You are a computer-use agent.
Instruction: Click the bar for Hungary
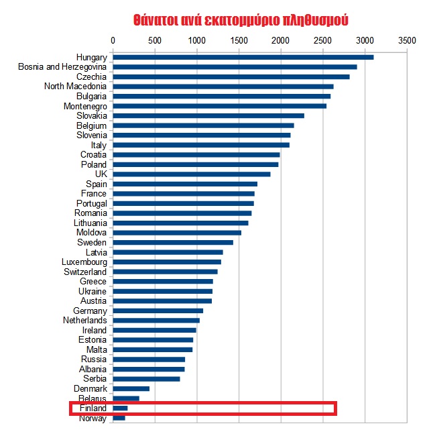[x=243, y=57]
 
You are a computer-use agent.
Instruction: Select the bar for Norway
[x=119, y=418]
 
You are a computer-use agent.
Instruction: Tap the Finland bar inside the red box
[x=120, y=408]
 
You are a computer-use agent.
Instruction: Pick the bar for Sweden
[x=173, y=242]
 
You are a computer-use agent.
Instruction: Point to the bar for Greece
[x=163, y=281]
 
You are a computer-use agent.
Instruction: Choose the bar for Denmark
[x=131, y=388]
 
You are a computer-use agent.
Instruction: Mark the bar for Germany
[x=158, y=311]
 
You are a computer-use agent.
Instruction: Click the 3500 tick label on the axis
[x=407, y=40]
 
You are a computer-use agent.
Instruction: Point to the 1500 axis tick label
[x=239, y=40]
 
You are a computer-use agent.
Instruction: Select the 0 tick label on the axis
[x=113, y=40]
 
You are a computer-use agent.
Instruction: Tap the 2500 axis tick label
[x=322, y=40]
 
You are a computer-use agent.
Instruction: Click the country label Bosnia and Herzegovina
[x=62, y=67]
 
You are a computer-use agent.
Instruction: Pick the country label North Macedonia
[x=75, y=87]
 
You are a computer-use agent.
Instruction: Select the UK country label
[x=101, y=174]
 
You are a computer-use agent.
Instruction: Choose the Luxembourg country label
[x=84, y=262]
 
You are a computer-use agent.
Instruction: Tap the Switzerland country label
[x=84, y=272]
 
